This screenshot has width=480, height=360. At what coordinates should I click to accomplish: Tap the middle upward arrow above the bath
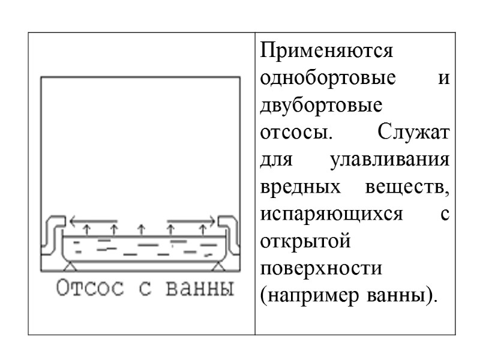point(142,228)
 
